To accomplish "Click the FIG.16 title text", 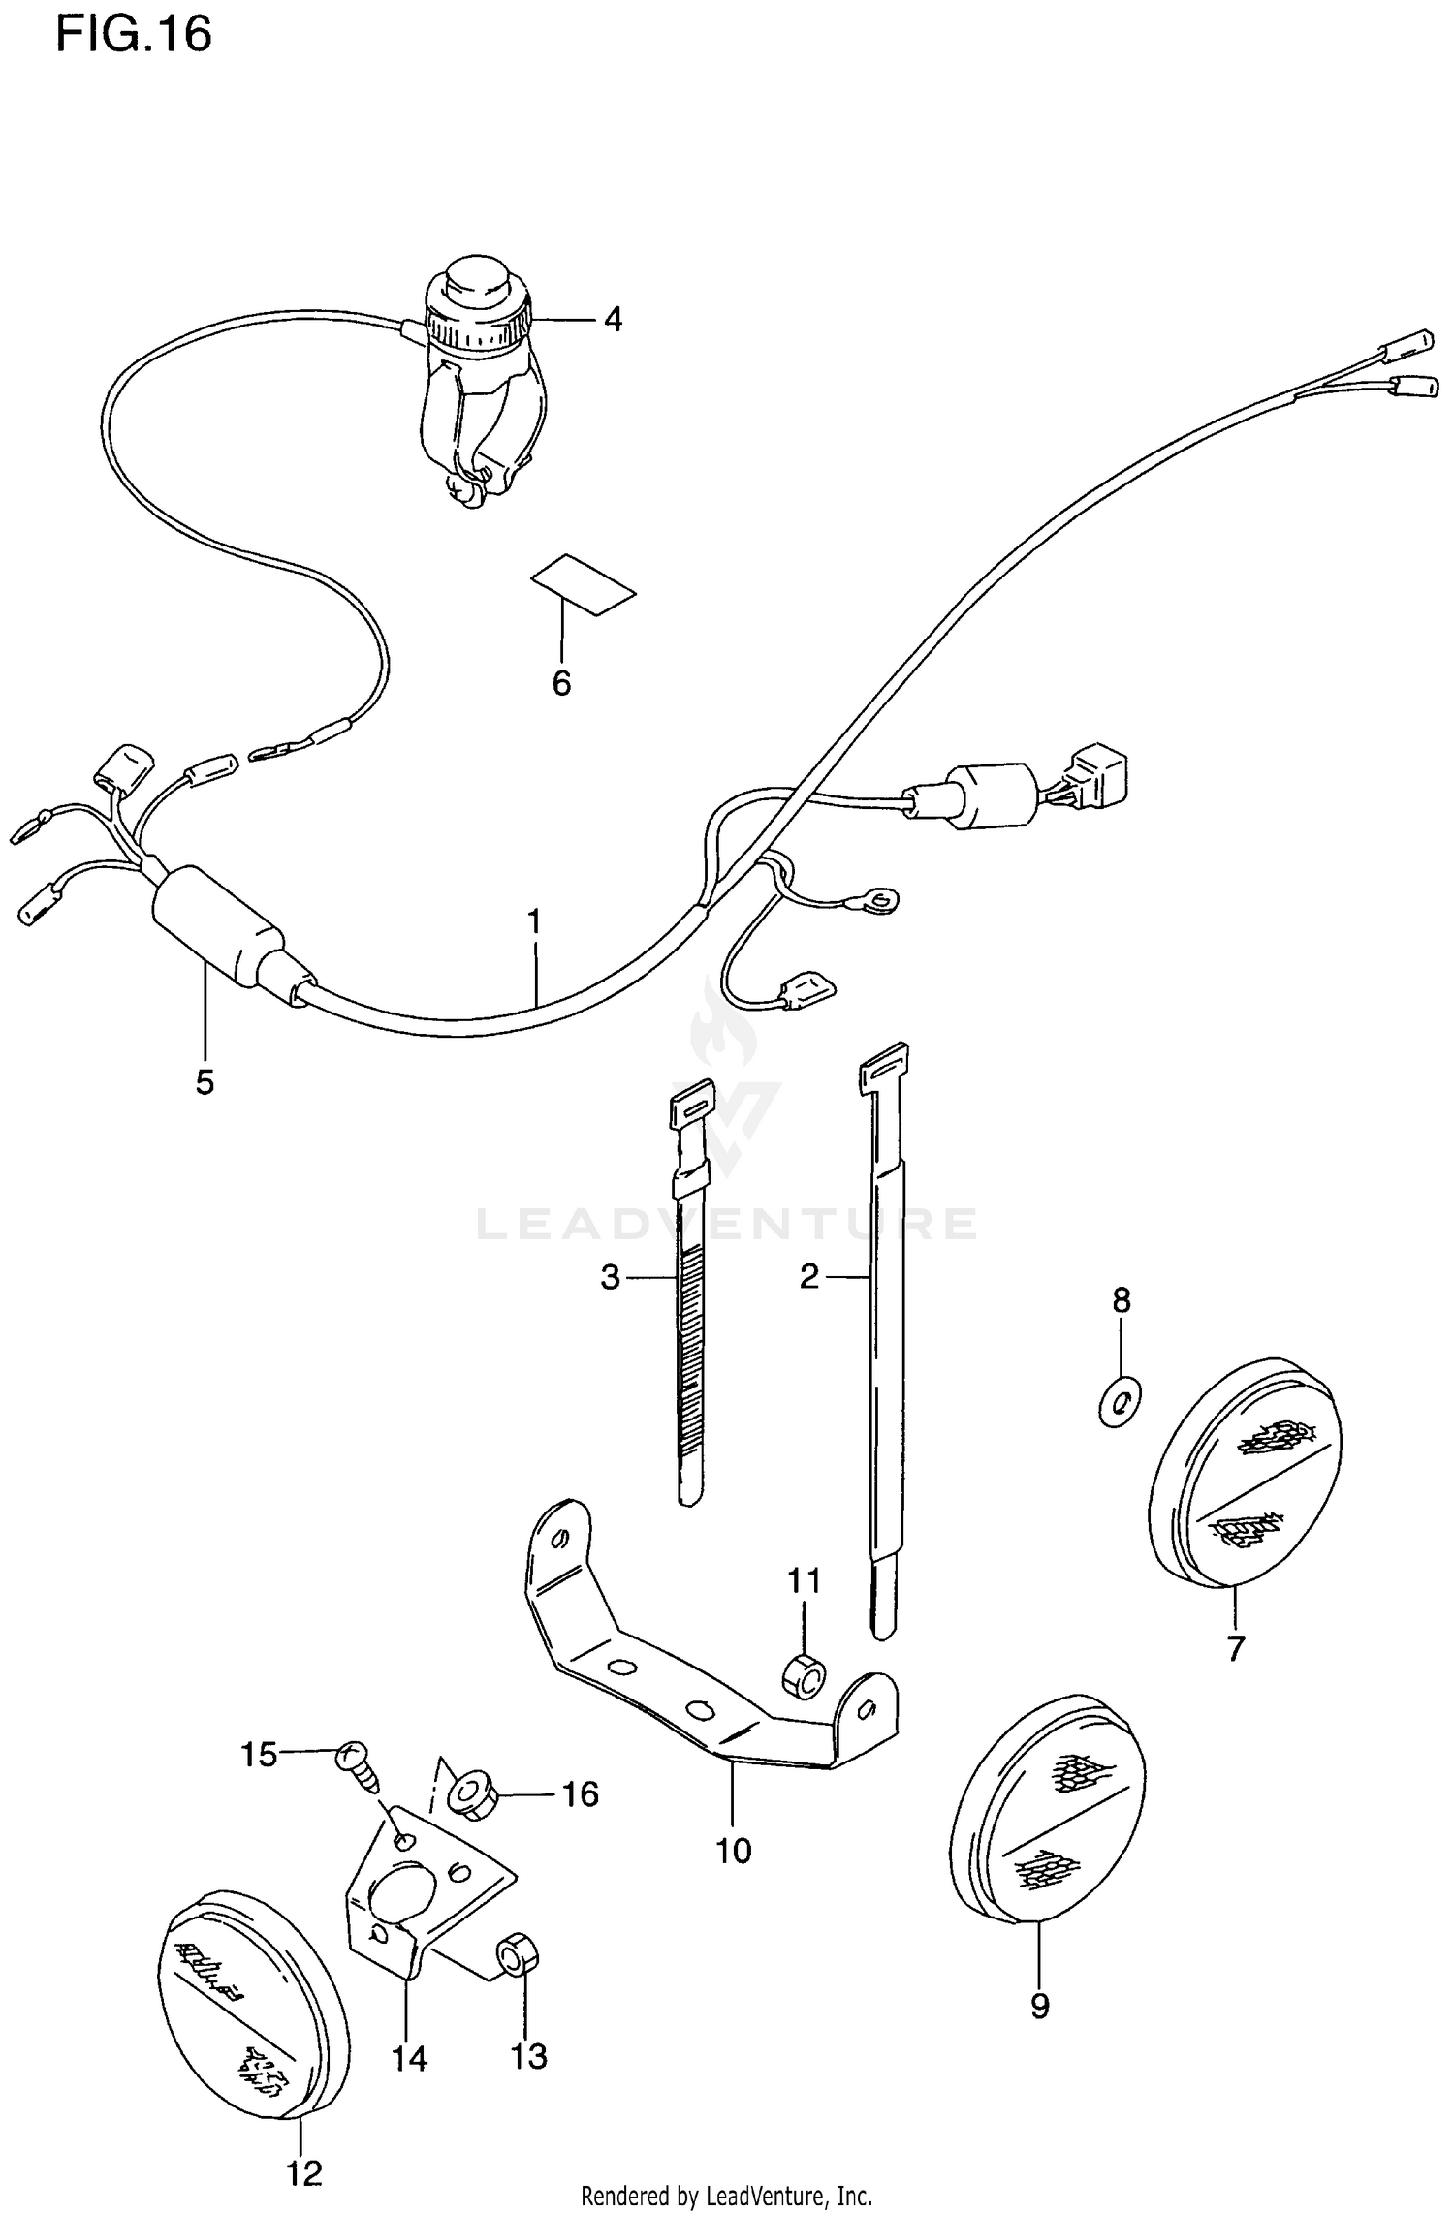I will point(133,35).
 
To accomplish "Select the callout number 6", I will point(561,683).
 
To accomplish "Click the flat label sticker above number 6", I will point(583,585).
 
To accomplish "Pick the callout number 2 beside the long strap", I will point(809,1277).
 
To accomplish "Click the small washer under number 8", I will point(1121,1400).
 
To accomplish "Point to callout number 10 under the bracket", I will point(733,1851).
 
